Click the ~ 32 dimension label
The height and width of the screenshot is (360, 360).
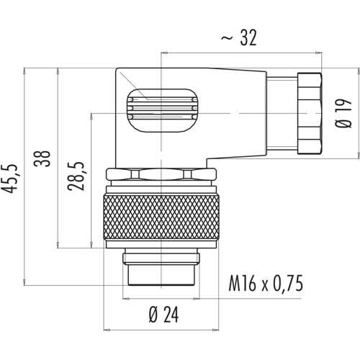[x=239, y=37]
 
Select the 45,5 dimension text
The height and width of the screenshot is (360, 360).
[x=9, y=179]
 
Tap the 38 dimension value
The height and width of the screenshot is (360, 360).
[x=42, y=158]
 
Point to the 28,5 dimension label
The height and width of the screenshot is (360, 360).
[x=76, y=176]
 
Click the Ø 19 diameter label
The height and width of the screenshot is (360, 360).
[x=343, y=113]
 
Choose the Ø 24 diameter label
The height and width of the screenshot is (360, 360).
[x=163, y=315]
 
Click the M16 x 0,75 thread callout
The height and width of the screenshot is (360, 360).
[x=266, y=284]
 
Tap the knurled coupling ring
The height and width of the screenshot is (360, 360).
[x=161, y=217]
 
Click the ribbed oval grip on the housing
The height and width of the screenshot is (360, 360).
[x=162, y=110]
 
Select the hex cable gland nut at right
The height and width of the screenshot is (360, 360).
[x=310, y=113]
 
